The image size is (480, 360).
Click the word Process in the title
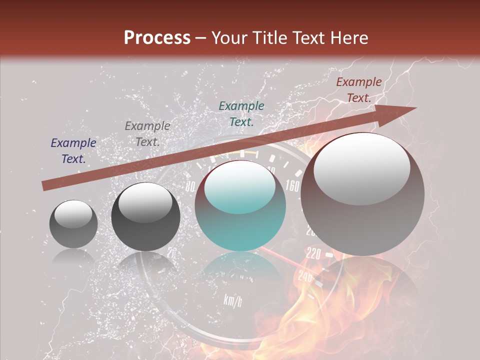click(157, 38)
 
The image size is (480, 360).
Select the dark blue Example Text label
click(73, 151)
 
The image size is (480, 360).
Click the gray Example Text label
click(147, 134)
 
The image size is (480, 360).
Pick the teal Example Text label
click(241, 113)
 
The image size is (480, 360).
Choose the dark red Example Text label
click(359, 90)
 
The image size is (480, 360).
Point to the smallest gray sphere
click(73, 224)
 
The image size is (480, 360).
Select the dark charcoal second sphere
click(145, 217)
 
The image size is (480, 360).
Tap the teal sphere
click(240, 220)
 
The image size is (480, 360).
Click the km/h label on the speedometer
click(233, 301)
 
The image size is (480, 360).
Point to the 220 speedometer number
click(313, 254)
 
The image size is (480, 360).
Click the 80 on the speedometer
click(190, 187)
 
